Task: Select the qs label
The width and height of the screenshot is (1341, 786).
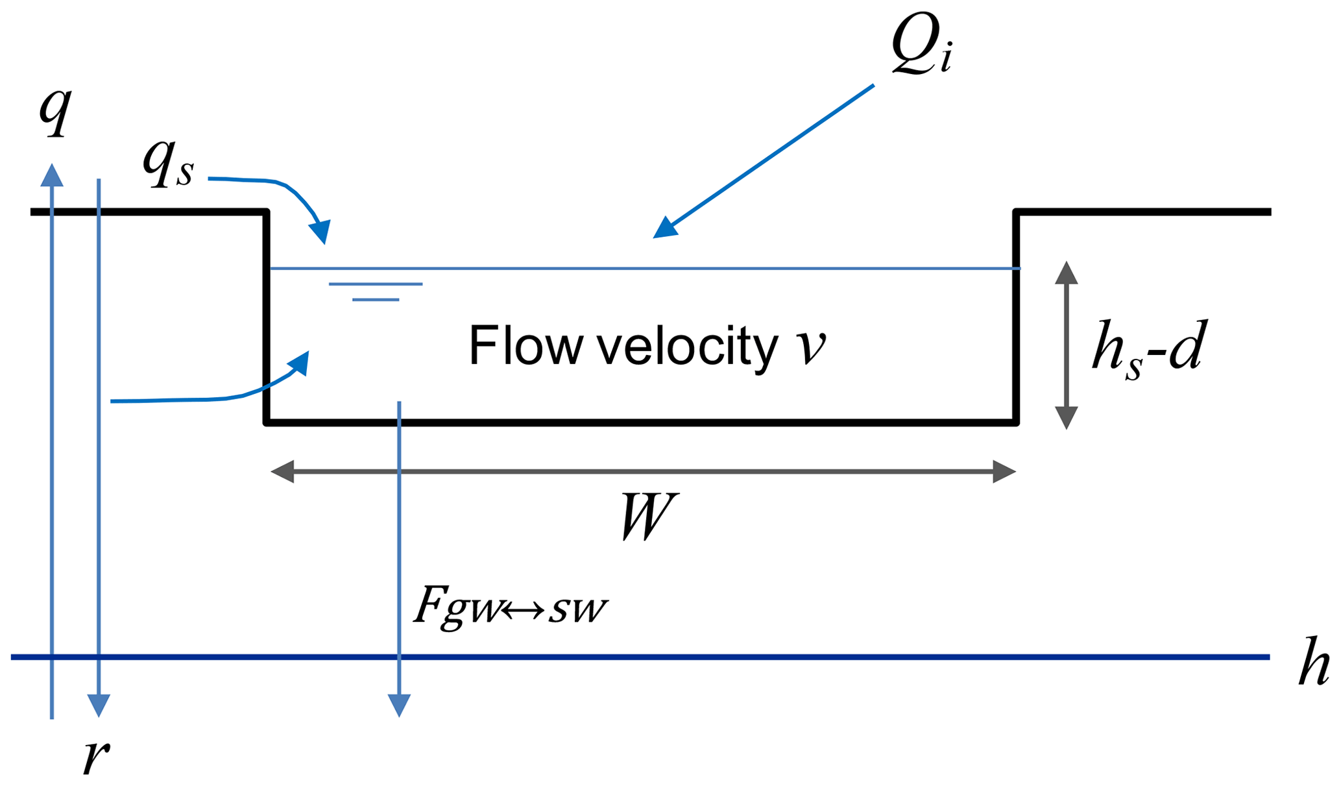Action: tap(168, 164)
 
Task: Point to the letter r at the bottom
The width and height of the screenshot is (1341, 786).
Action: tap(96, 756)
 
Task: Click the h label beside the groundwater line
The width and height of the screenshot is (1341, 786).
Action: tap(1314, 664)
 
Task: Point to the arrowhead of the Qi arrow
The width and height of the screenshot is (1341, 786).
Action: tap(665, 228)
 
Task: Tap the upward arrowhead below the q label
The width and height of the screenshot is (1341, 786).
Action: tap(52, 175)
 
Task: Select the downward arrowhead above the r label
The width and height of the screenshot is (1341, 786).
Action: tap(99, 705)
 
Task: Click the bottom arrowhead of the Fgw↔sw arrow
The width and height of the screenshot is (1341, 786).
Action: tap(399, 705)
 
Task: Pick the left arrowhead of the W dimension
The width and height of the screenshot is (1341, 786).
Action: tap(283, 472)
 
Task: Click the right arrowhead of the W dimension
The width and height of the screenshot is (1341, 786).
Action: tap(1004, 472)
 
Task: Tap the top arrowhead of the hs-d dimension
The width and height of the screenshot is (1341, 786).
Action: tap(1066, 273)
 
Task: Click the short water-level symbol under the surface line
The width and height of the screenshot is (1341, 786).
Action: tap(376, 291)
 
